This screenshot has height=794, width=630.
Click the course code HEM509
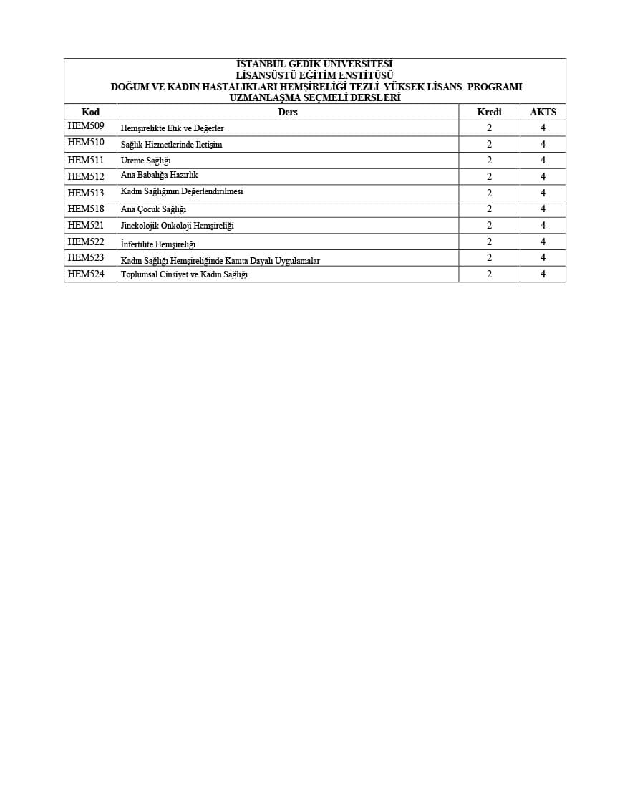(86, 126)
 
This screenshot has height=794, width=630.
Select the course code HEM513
(86, 193)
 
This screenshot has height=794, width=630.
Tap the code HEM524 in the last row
(86, 274)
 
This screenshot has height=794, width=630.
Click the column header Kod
(90, 112)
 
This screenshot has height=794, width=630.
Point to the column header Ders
(288, 112)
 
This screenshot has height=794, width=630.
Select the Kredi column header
(489, 112)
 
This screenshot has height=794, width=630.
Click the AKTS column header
(543, 112)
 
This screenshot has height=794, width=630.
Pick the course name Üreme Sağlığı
(146, 161)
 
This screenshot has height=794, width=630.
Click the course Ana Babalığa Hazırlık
(159, 175)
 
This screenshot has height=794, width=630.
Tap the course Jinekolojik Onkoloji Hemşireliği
(177, 226)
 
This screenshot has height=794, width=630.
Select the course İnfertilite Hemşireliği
(158, 244)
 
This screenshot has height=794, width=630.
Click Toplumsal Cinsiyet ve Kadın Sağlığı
(184, 274)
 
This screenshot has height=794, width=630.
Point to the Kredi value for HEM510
(489, 144)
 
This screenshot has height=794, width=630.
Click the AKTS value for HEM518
(543, 209)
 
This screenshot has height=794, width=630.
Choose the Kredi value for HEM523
(489, 257)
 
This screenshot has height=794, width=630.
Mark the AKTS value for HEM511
(543, 161)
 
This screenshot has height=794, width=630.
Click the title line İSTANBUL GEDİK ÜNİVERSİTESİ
(314, 64)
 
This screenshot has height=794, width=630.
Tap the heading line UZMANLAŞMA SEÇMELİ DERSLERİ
(314, 97)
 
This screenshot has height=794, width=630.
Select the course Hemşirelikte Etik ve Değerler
(173, 128)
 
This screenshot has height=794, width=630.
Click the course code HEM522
(86, 241)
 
